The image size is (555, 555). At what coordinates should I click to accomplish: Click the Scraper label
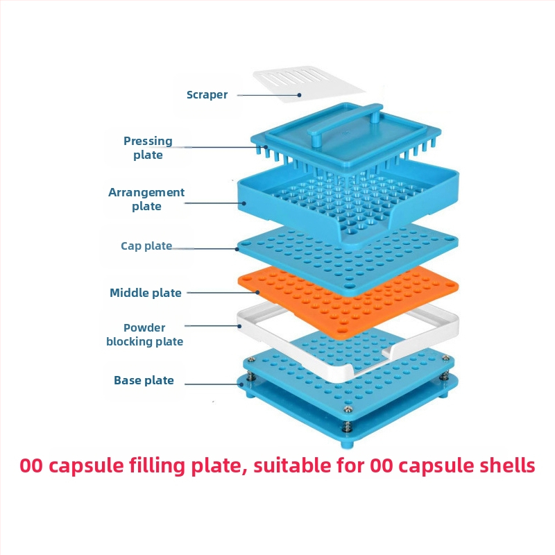tap(207, 95)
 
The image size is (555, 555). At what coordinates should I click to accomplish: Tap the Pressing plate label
tap(148, 148)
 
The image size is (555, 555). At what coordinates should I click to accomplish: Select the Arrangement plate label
tap(146, 199)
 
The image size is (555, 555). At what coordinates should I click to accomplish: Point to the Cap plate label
tap(146, 246)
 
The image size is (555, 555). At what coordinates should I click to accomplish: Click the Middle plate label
tap(146, 293)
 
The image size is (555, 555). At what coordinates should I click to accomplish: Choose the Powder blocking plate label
tap(144, 334)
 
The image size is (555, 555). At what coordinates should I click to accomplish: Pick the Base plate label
tap(144, 380)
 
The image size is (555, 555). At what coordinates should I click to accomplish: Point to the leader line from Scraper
tap(267, 94)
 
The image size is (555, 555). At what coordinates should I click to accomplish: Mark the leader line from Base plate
tap(215, 382)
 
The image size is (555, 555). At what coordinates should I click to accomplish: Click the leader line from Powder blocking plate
tap(212, 325)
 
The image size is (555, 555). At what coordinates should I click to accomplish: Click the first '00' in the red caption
tap(31, 466)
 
